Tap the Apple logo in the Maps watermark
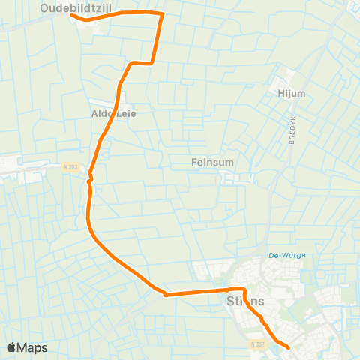(x=12, y=347)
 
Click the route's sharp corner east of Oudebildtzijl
(x=162, y=14)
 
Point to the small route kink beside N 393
(x=89, y=178)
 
